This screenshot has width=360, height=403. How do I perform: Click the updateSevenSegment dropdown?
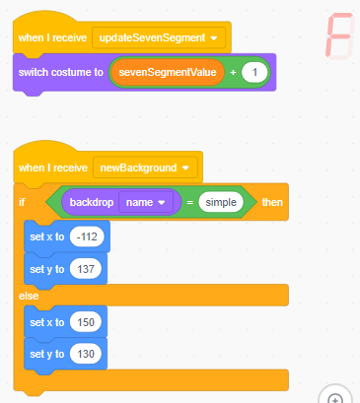(159, 38)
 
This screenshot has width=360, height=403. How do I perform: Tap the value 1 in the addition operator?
(255, 73)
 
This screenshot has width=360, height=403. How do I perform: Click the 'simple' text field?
(222, 202)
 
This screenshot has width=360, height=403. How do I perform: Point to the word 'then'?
(271, 202)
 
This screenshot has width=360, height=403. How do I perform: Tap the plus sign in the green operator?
(233, 73)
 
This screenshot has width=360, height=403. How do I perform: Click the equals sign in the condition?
(187, 202)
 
